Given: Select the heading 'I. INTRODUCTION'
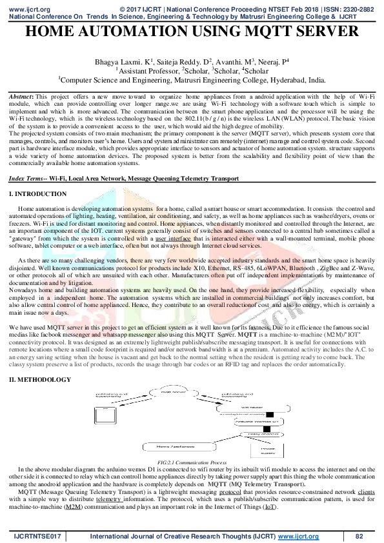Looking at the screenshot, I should [x=33, y=193].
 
